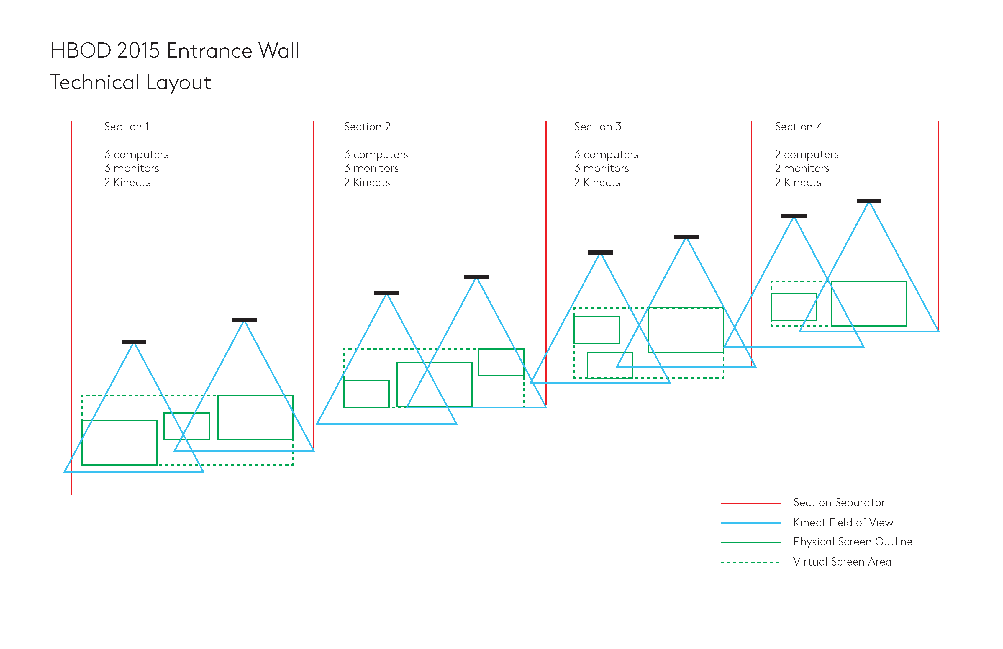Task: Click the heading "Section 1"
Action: tap(127, 127)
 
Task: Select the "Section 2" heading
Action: tap(367, 127)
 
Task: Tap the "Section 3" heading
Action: tap(598, 127)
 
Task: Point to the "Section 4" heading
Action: tap(799, 127)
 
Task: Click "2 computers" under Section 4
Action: tap(807, 155)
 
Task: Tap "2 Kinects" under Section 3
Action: tap(597, 183)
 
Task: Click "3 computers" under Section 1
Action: tap(136, 155)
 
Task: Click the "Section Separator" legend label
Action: tap(839, 503)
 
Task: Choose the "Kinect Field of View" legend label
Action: tap(843, 522)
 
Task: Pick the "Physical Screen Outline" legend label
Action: tap(853, 542)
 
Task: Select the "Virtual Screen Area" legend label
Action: tap(842, 562)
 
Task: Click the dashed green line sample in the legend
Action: tap(750, 562)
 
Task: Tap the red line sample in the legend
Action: tap(750, 503)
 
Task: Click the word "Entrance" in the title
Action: tap(209, 51)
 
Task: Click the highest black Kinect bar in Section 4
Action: tap(869, 201)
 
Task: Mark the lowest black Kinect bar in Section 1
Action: tap(134, 342)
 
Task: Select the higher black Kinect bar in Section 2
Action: tap(476, 277)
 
